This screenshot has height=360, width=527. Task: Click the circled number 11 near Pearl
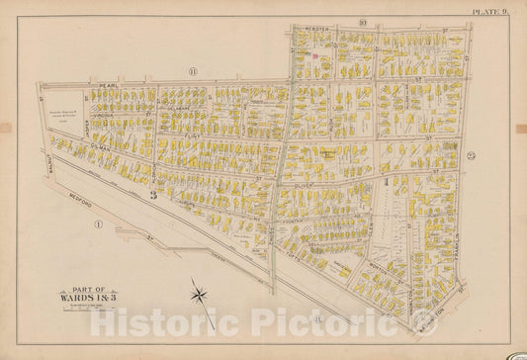click(x=193, y=71)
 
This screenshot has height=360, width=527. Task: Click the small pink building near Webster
click(x=315, y=56)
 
